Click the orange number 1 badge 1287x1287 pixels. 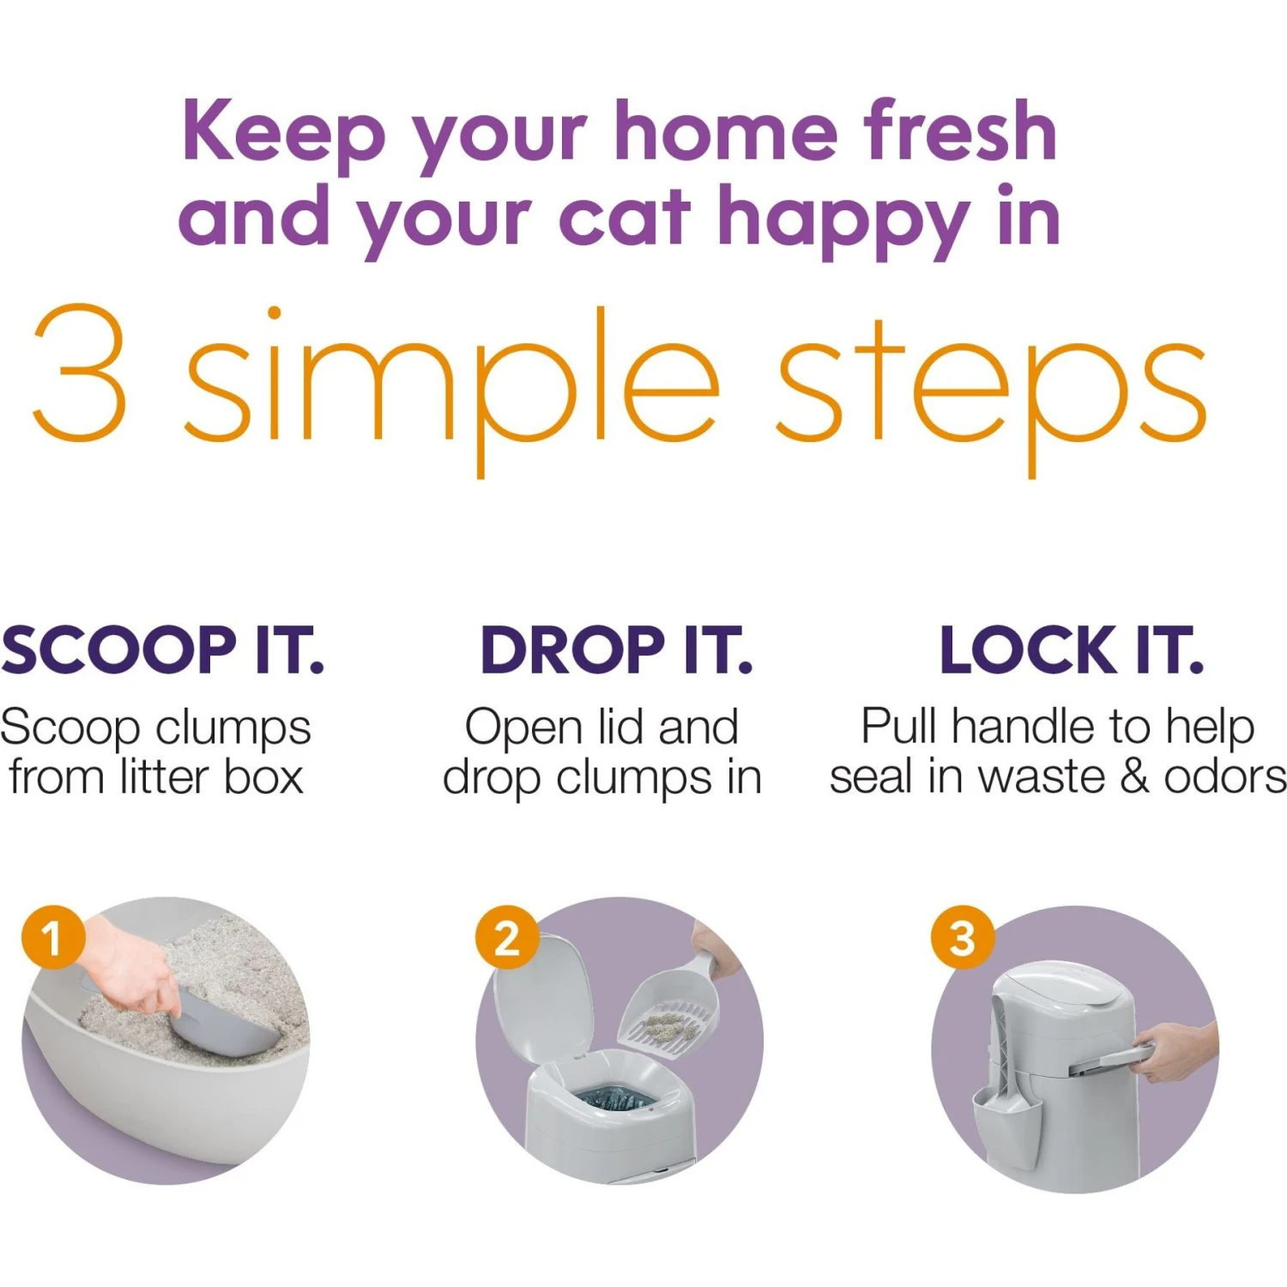point(53,937)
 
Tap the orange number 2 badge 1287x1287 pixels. point(507,937)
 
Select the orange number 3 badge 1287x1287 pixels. point(962,937)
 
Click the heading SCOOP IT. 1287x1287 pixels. point(162,650)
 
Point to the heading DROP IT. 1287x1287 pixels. point(616,650)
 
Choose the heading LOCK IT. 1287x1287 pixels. point(1072,650)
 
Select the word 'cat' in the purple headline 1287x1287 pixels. point(624,216)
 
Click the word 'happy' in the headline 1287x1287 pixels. point(844,220)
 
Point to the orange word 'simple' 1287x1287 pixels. point(450,378)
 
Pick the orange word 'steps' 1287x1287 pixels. point(991,382)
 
